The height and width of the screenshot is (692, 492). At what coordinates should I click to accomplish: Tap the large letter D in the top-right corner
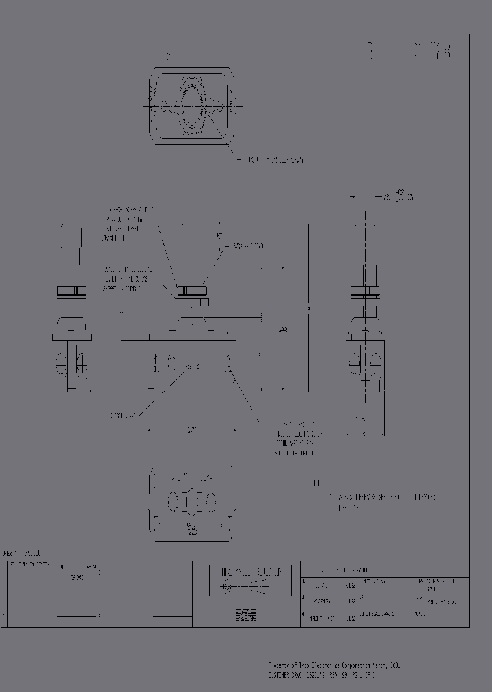point(370,52)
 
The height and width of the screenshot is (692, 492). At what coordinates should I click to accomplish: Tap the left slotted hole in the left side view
point(62,362)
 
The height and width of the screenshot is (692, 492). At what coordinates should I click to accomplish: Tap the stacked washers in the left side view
point(70,295)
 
